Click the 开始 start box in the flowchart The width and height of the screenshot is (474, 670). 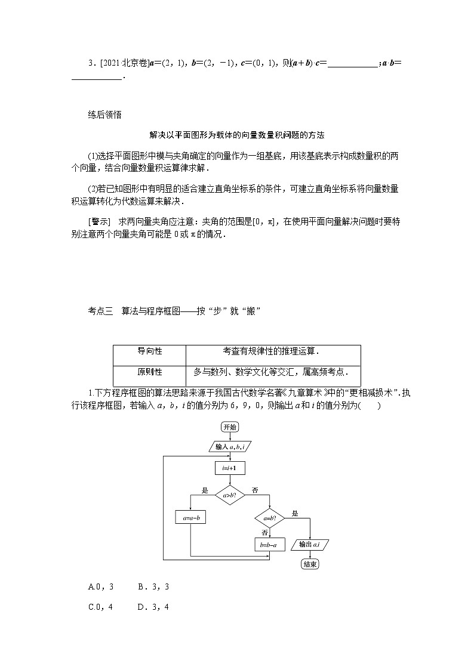coord(229,427)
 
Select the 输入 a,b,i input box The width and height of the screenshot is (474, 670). coord(229,446)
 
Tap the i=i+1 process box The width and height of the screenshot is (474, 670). coord(229,468)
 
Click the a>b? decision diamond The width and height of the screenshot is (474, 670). coord(229,495)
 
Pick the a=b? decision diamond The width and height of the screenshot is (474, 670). coord(269,518)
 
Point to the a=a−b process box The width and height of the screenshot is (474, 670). coord(190,518)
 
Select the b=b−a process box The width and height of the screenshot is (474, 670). coord(269,545)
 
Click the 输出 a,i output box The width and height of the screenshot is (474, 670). coord(310,545)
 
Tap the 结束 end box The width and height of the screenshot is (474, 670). coord(310,564)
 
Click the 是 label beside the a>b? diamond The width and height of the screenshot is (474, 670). coord(205,490)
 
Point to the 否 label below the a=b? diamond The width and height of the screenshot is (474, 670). coord(264,532)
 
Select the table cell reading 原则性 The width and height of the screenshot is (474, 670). coord(150,372)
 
